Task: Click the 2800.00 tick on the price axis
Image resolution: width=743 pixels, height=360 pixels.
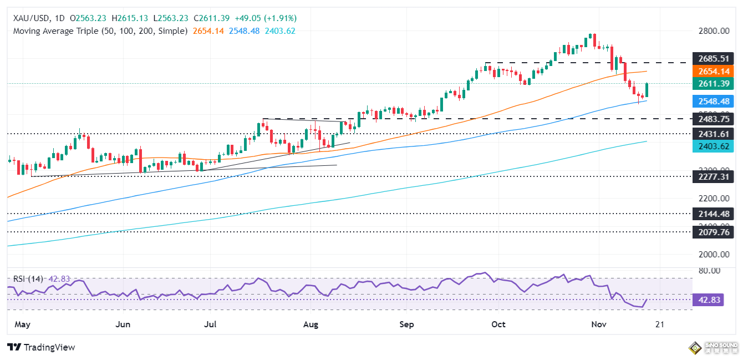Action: (713, 31)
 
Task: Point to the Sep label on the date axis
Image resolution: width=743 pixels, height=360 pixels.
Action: (407, 323)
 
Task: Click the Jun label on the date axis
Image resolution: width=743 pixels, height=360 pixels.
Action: (124, 323)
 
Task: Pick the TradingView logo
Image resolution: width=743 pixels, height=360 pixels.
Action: (42, 347)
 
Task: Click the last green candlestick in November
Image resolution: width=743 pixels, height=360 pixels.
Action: (647, 90)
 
